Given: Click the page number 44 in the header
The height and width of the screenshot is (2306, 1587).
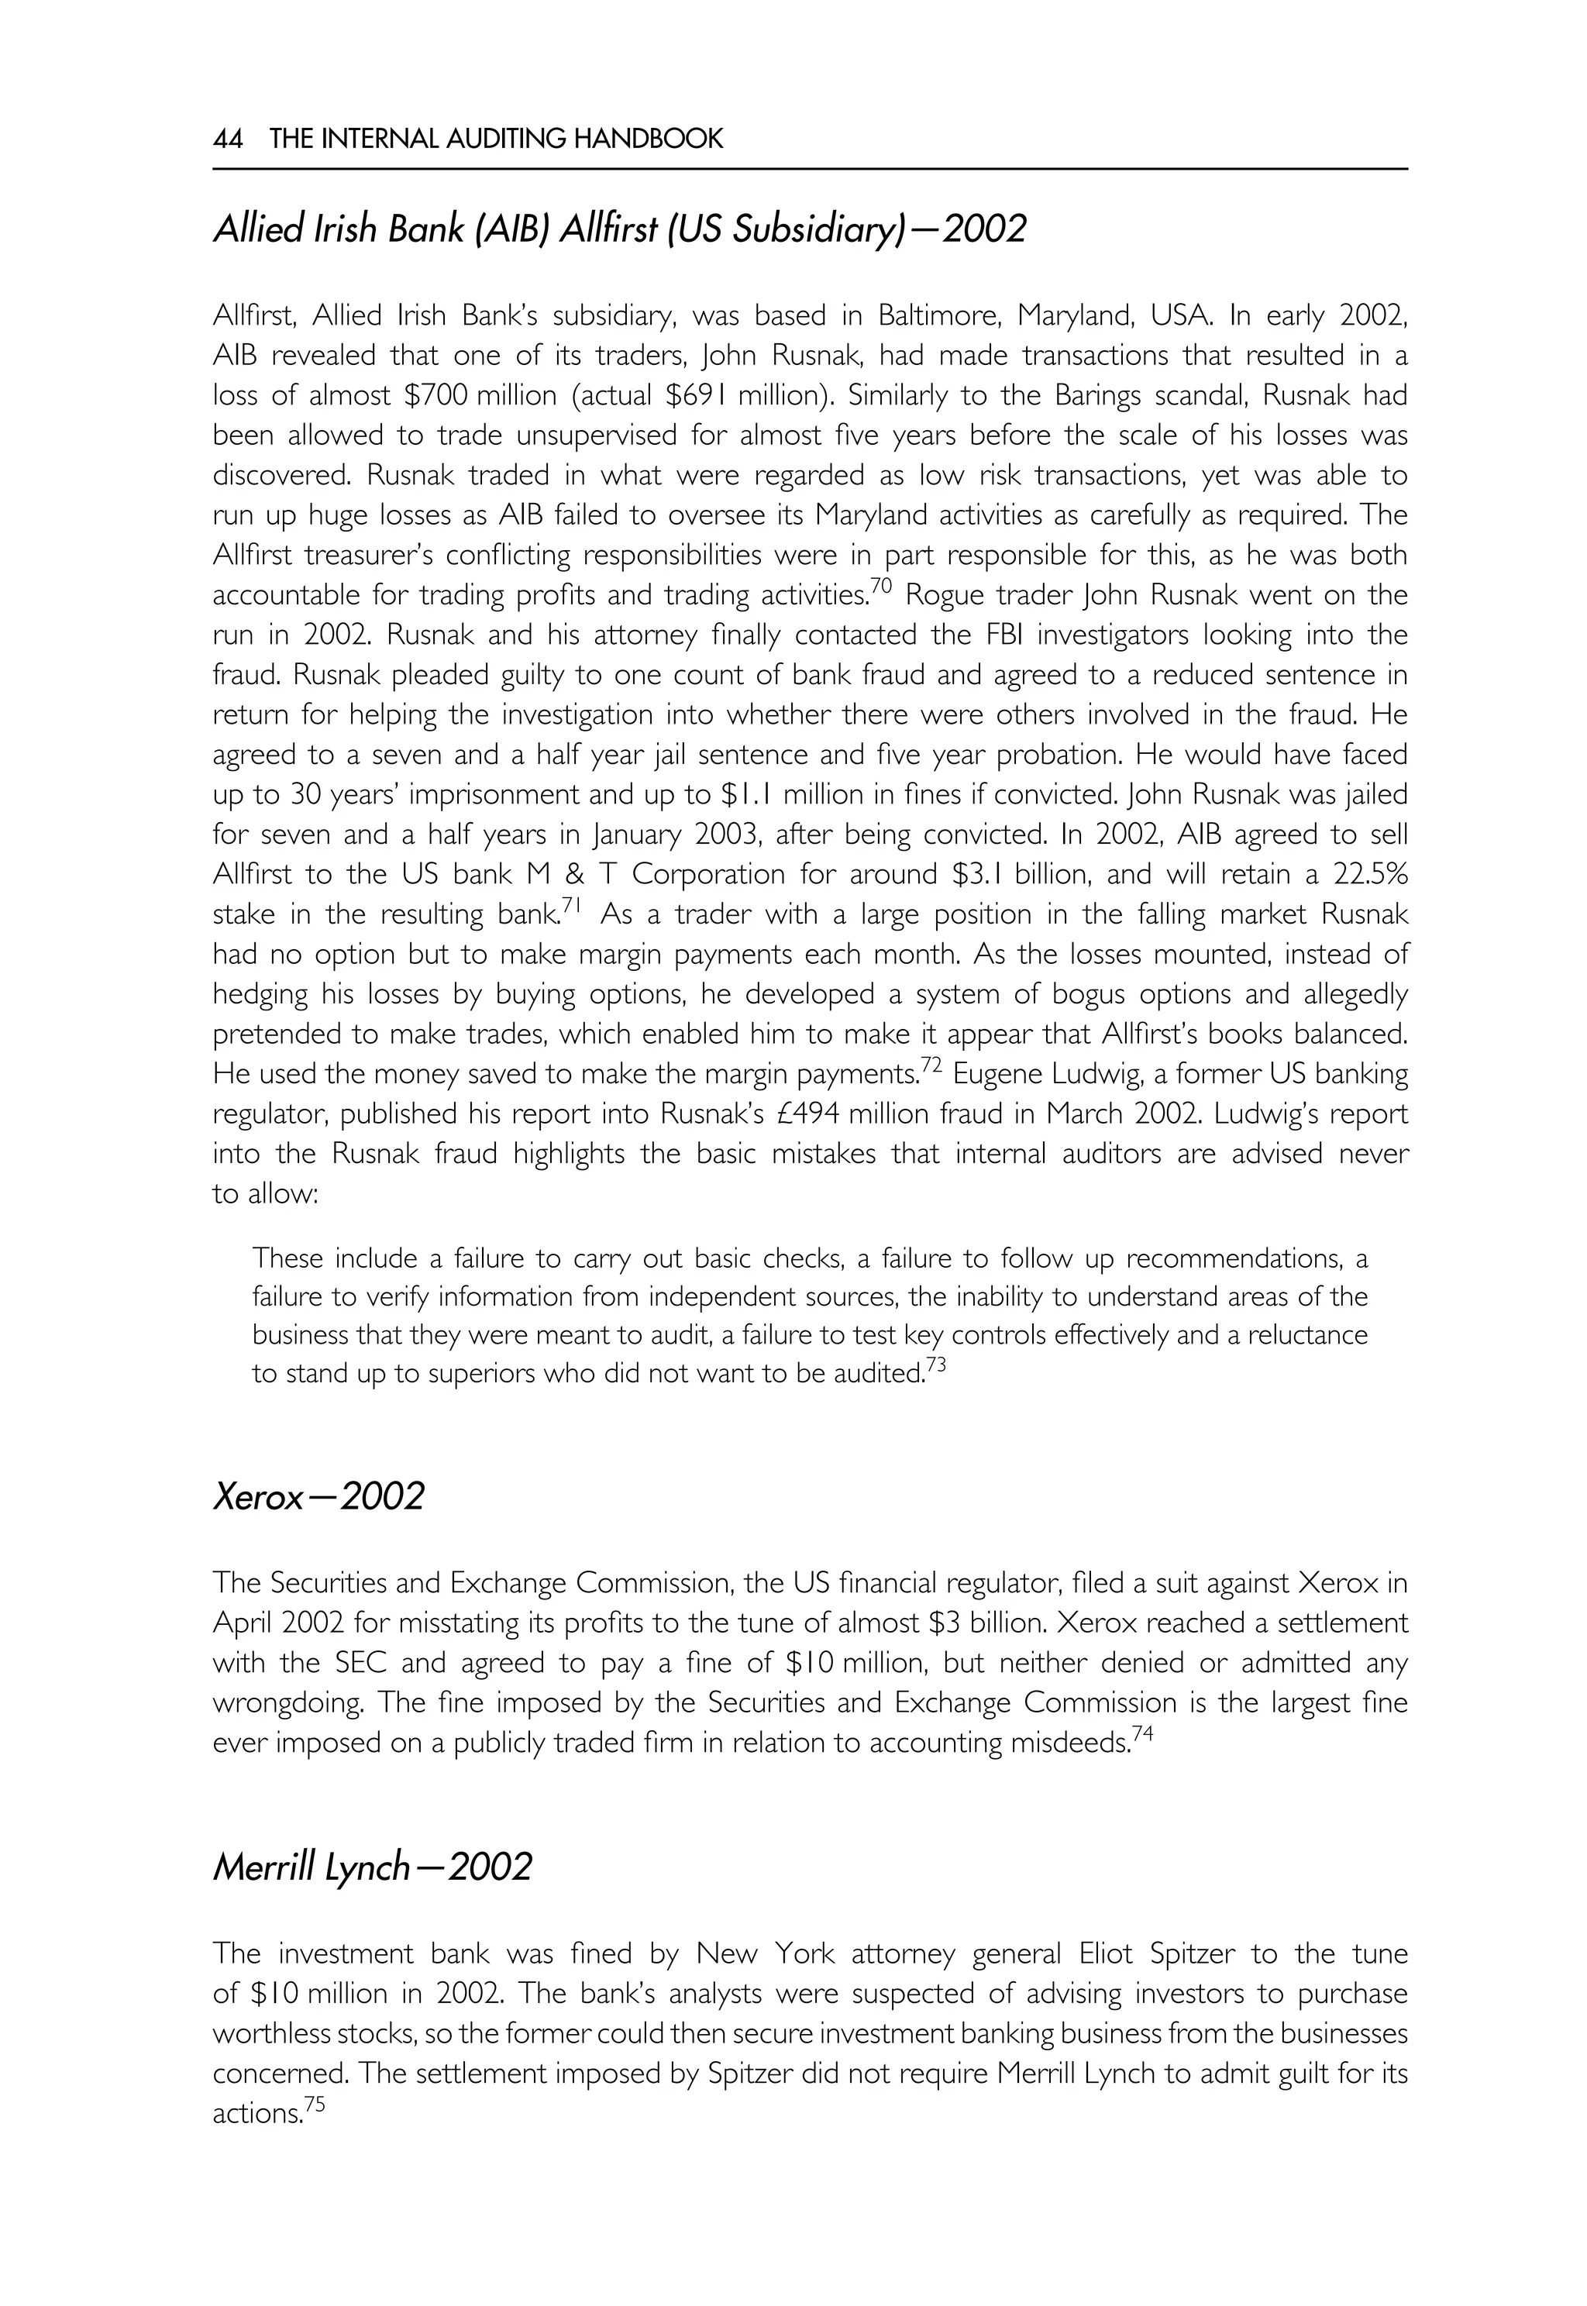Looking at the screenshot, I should point(228,139).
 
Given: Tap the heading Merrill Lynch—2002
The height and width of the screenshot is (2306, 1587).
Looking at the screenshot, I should point(372,1867).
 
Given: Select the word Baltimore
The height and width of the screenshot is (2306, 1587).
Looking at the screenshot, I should point(933,316).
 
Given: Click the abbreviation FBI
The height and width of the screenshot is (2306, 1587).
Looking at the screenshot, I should point(1100,635).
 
